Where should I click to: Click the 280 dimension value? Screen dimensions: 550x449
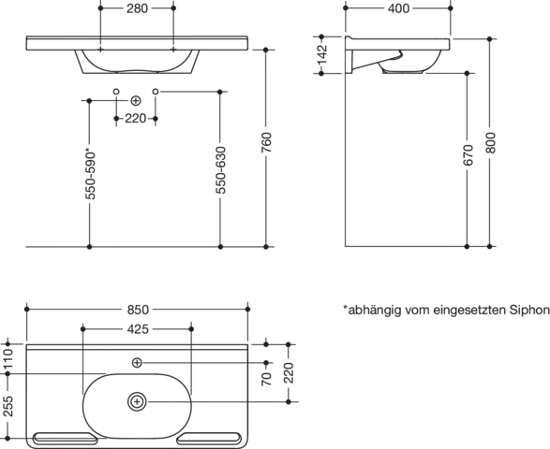pos(137,8)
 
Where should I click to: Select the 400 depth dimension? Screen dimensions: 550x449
pos(398,8)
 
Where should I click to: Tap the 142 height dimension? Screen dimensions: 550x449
pos(321,54)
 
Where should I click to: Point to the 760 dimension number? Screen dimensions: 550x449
pos(266,142)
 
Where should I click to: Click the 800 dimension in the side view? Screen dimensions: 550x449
pos(490,142)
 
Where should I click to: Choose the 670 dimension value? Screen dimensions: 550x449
pos(468,154)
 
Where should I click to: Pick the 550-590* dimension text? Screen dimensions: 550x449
pos(90,175)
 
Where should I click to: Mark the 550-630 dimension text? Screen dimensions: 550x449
pos(220,170)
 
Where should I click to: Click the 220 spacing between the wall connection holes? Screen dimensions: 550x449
pos(136,119)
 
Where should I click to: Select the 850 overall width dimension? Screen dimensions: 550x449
pos(138,310)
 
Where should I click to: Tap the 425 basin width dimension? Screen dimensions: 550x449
pos(138,329)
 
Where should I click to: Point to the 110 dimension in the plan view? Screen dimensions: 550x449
pos(7,358)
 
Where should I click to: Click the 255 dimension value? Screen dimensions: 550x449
pos(7,406)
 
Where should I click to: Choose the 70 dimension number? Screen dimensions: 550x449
pos(267,379)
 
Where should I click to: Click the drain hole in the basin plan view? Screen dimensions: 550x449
pos(137,401)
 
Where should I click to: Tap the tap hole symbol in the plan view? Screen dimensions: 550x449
pos(137,363)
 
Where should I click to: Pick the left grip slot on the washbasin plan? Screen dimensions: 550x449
pos(65,438)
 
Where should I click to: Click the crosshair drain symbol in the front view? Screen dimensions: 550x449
pos(136,101)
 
